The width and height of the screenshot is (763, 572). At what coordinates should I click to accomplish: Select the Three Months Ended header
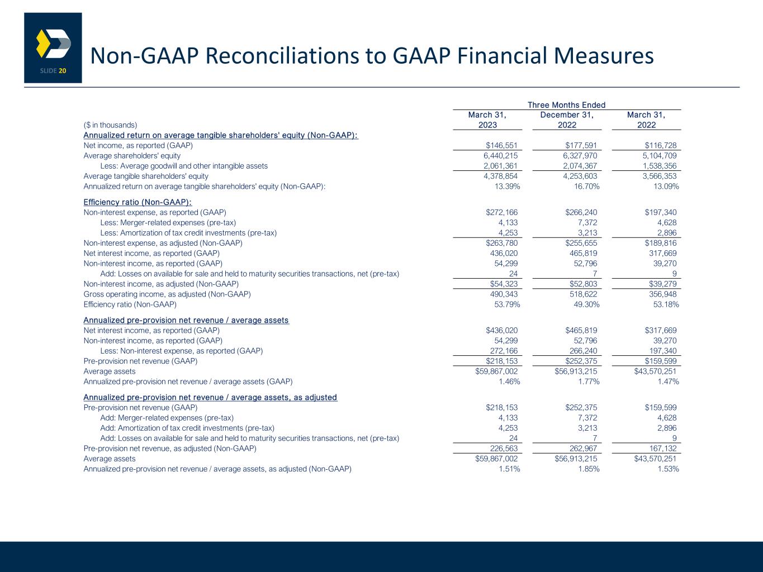[x=566, y=105]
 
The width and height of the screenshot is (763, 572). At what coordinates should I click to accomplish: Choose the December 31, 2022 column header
[x=566, y=120]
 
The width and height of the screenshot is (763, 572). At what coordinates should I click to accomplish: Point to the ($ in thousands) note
[x=110, y=125]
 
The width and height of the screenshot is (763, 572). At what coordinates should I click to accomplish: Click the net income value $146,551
[x=501, y=146]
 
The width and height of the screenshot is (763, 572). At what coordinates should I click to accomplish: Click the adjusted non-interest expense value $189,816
[x=660, y=243]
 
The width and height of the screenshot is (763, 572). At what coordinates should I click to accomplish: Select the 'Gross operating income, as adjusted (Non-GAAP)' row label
[x=167, y=294]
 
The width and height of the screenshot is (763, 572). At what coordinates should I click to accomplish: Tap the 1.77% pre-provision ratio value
[x=588, y=382]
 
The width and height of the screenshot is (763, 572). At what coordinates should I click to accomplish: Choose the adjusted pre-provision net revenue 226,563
[x=504, y=448]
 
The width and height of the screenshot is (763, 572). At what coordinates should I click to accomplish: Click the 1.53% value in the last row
[x=667, y=469]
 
